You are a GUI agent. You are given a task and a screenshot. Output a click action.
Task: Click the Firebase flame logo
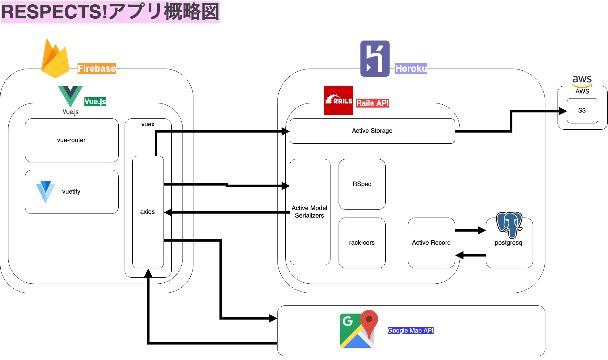[x=55, y=59]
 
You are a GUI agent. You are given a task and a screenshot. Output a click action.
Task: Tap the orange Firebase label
[x=97, y=68]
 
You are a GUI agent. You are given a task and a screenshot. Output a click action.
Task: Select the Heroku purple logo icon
[x=375, y=59]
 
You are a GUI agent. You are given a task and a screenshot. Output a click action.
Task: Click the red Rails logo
[x=338, y=100]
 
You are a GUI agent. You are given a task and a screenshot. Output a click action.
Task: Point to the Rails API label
[x=372, y=103]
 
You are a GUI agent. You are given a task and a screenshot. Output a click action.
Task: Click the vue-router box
[x=72, y=140]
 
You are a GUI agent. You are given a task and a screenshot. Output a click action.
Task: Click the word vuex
[x=148, y=124]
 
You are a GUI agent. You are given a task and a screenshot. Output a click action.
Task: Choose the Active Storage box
[x=372, y=131]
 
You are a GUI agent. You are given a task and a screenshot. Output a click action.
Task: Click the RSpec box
[x=362, y=184]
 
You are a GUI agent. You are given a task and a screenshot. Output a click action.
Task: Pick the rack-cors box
[x=362, y=243]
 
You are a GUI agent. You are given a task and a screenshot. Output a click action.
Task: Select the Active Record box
[x=431, y=243]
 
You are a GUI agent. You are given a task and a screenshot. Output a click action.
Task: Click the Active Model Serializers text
[x=309, y=212]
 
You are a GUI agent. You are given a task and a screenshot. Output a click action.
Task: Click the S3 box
[x=582, y=111]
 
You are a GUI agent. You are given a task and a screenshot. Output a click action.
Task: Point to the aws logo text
[x=582, y=80]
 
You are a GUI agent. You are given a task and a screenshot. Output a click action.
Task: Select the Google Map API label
[x=410, y=330]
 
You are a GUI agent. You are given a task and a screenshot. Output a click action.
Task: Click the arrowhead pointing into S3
[x=562, y=111]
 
